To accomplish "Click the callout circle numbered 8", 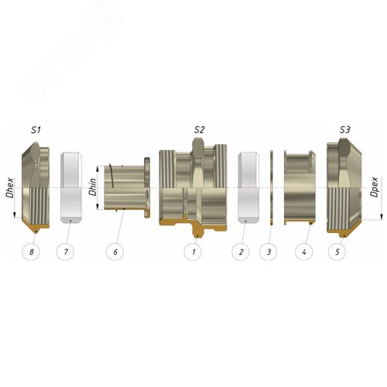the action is click(x=31, y=252).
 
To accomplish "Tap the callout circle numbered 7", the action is click(x=65, y=252).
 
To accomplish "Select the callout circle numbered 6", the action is click(x=115, y=252).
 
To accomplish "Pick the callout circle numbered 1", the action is click(x=193, y=252).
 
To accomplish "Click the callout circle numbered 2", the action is click(x=241, y=252).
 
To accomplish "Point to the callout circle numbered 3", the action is click(x=269, y=252).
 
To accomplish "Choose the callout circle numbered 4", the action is click(x=304, y=252).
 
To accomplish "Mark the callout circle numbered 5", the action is click(x=337, y=252).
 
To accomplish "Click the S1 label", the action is click(x=36, y=130).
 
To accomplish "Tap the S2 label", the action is click(x=200, y=130).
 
